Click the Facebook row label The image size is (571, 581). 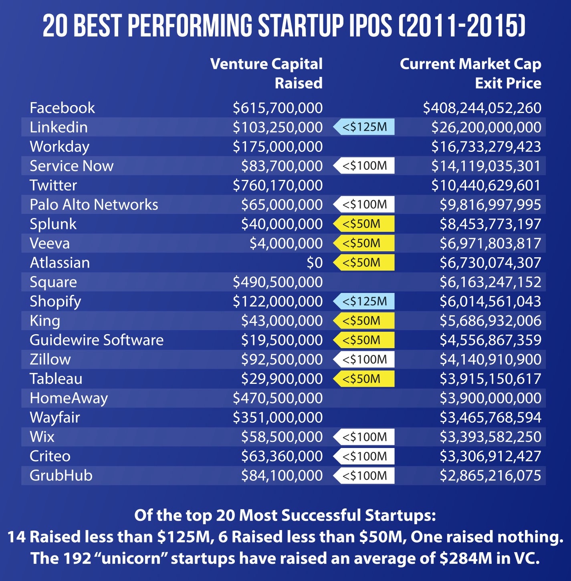coord(62,108)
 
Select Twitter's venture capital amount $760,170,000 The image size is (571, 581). coord(278,185)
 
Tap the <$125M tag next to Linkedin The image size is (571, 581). coord(364,127)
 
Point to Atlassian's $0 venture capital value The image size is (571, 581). coord(315,263)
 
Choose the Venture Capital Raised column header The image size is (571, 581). coord(266,73)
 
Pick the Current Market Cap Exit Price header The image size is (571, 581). coord(470,73)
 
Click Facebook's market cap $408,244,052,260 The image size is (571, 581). coord(482,108)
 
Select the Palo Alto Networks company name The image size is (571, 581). coord(94,205)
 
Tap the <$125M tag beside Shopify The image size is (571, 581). coord(364,301)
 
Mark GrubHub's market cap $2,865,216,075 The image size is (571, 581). coord(490,476)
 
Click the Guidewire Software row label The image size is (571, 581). coord(97,340)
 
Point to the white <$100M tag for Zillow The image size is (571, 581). coord(364,359)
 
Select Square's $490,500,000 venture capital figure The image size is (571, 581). coord(278,282)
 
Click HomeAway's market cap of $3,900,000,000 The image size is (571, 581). coord(490,398)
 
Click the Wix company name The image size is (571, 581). coord(42,437)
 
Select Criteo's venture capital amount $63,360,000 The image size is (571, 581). coord(282,456)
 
